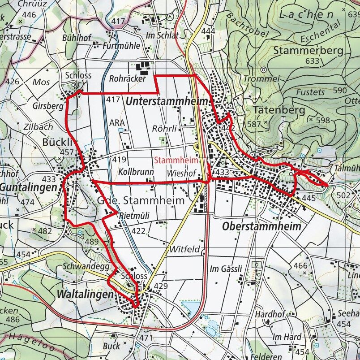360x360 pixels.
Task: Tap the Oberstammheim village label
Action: point(261,227)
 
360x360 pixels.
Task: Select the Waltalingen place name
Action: point(84,295)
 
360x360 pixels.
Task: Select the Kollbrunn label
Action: point(136,172)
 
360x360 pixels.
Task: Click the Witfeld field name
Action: point(184,249)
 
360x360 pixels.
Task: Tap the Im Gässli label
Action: point(226,269)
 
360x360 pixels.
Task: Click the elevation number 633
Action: point(313,61)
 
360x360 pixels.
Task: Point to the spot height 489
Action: point(91,242)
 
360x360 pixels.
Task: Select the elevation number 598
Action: point(322,120)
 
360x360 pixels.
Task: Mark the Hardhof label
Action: point(270,314)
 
